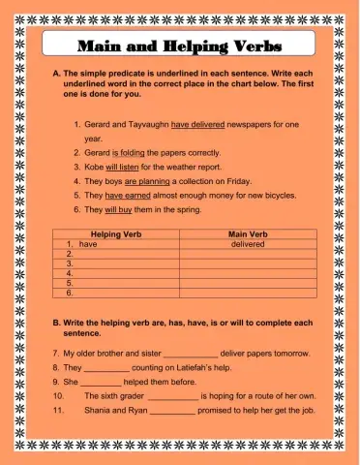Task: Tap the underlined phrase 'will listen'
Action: (x=127, y=167)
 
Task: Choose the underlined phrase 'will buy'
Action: (x=121, y=209)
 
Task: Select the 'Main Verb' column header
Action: (x=248, y=234)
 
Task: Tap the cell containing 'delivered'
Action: (x=248, y=244)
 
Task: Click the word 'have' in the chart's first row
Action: (x=88, y=244)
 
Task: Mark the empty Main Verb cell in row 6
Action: (x=248, y=292)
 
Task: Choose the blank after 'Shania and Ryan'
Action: (x=173, y=411)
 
